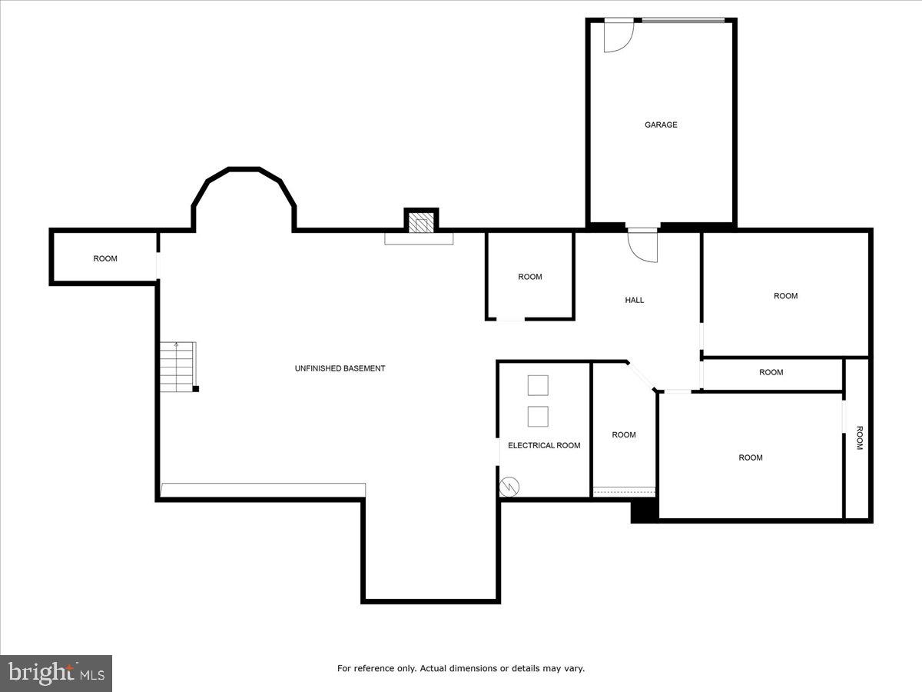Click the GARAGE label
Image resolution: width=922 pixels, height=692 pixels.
click(x=661, y=125)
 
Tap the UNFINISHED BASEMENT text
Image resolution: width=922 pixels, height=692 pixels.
click(x=340, y=368)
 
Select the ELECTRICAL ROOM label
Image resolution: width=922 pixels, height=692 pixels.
click(x=544, y=445)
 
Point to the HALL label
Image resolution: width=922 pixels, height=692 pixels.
click(x=634, y=300)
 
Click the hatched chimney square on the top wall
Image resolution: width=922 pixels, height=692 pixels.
click(x=421, y=223)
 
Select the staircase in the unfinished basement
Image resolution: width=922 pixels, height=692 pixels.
click(x=177, y=367)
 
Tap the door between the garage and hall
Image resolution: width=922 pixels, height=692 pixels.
click(x=642, y=245)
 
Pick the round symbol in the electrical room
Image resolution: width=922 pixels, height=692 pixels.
click(x=509, y=487)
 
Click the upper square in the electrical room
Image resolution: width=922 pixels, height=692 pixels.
click(x=538, y=385)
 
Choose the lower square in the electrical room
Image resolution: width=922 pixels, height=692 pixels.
click(x=538, y=416)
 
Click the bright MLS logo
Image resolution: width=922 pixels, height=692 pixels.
click(x=56, y=673)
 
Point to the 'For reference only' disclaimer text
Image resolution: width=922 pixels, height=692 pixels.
click(x=461, y=668)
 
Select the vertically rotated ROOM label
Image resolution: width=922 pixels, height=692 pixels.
click(x=860, y=438)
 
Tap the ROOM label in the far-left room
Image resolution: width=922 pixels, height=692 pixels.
click(x=105, y=258)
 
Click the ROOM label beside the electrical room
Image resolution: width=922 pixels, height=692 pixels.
click(x=624, y=434)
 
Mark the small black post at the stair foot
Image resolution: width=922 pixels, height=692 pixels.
click(x=196, y=389)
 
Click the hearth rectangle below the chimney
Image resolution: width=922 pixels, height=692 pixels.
click(x=419, y=239)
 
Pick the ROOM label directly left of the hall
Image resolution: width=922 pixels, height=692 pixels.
click(x=530, y=277)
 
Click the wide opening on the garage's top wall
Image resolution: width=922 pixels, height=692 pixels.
click(x=683, y=21)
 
